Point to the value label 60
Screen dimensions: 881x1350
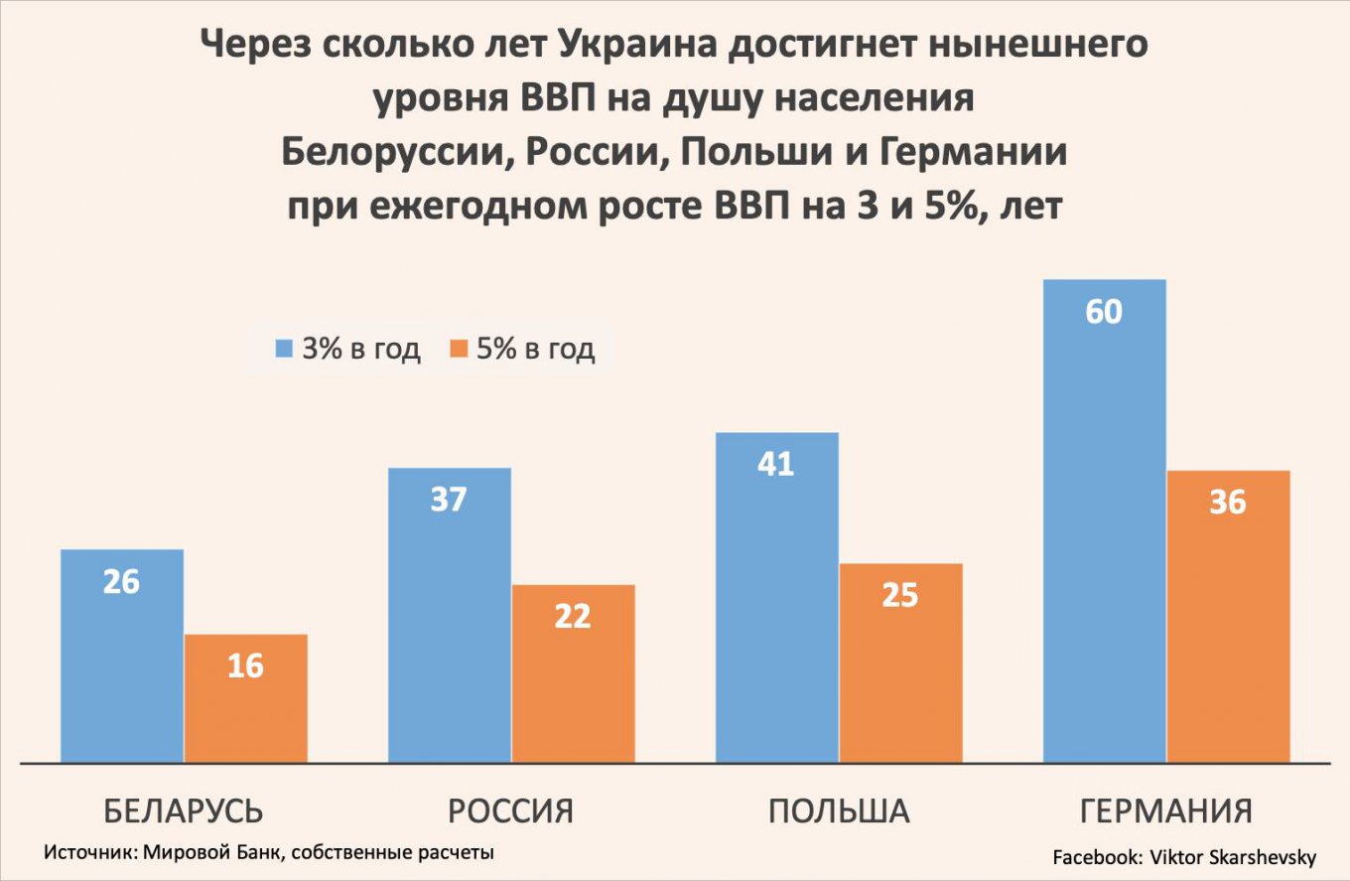[1104, 312]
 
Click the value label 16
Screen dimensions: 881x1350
[245, 664]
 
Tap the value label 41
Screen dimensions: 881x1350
[776, 464]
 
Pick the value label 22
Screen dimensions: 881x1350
[573, 616]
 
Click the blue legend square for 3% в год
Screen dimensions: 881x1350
[285, 349]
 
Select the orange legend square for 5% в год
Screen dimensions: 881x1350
[459, 349]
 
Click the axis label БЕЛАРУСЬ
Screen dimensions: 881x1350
[184, 810]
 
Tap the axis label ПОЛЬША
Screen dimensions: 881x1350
[839, 810]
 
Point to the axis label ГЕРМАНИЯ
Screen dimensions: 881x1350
[1165, 810]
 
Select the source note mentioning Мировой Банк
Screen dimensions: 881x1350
[269, 852]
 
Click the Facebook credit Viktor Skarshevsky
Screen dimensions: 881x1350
[1184, 856]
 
